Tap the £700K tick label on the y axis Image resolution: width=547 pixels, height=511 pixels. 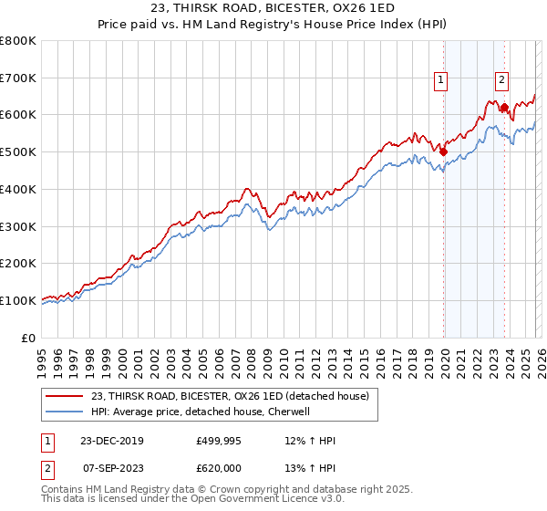[x=18, y=78]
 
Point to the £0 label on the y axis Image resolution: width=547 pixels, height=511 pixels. [x=27, y=338]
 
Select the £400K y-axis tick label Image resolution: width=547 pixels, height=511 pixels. [x=18, y=190]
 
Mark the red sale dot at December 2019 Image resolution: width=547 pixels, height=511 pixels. [x=444, y=152]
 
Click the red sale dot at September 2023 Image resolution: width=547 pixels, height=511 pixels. [x=504, y=108]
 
